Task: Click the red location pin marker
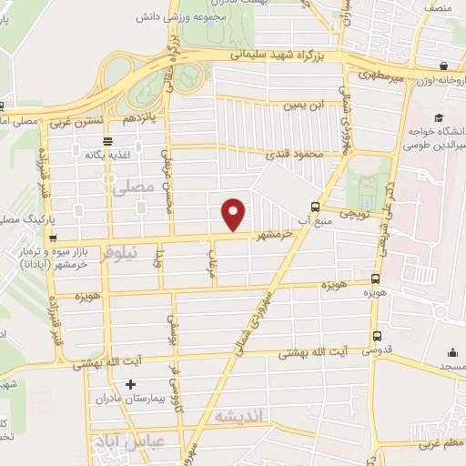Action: (235, 214)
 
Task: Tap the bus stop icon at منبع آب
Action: (315, 206)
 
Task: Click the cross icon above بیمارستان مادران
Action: (131, 384)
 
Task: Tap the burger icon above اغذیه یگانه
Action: (108, 141)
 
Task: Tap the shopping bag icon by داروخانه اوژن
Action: (442, 66)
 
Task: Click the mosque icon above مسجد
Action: (453, 352)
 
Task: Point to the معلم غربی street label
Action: (437, 445)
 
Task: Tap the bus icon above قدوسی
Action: (377, 336)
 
